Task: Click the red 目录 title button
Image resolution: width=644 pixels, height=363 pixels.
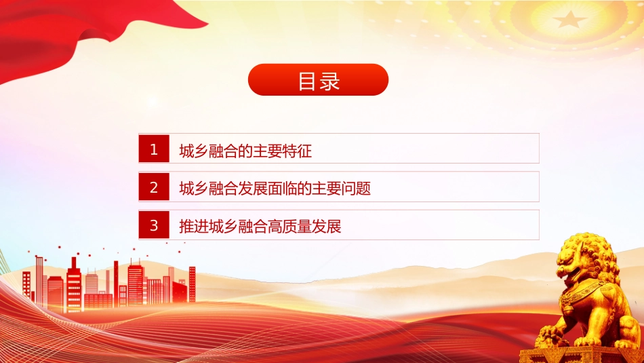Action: (319, 80)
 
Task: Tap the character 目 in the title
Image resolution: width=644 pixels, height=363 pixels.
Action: (307, 81)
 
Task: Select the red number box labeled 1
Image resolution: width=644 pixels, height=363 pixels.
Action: (154, 149)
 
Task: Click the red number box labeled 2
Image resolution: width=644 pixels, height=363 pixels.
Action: (154, 187)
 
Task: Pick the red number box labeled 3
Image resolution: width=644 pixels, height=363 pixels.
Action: (154, 225)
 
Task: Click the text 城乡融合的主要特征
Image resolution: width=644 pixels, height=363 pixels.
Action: (245, 151)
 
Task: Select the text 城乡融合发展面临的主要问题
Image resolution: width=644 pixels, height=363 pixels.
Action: (275, 188)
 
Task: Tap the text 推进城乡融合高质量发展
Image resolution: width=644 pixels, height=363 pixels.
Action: (260, 226)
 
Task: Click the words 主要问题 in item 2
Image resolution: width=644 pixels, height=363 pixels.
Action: (342, 188)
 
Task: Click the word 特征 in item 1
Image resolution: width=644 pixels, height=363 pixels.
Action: (298, 151)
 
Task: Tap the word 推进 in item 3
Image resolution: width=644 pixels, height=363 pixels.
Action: (194, 226)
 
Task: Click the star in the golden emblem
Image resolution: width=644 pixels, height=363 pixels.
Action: (569, 19)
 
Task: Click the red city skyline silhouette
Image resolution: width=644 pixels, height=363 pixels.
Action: (109, 284)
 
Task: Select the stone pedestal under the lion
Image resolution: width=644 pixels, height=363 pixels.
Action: (581, 355)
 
